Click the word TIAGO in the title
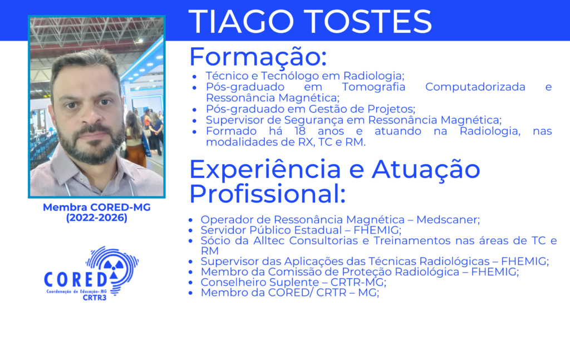(241, 22)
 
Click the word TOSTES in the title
(367, 22)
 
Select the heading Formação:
(258, 57)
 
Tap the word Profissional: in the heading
(267, 194)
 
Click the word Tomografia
(374, 87)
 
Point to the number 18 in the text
(300, 131)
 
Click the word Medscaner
(448, 220)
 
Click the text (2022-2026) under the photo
(97, 218)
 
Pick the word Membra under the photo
(65, 208)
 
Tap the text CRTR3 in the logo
(95, 298)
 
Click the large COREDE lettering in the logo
(76, 279)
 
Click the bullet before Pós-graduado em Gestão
(194, 110)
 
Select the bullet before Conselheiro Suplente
(190, 283)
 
